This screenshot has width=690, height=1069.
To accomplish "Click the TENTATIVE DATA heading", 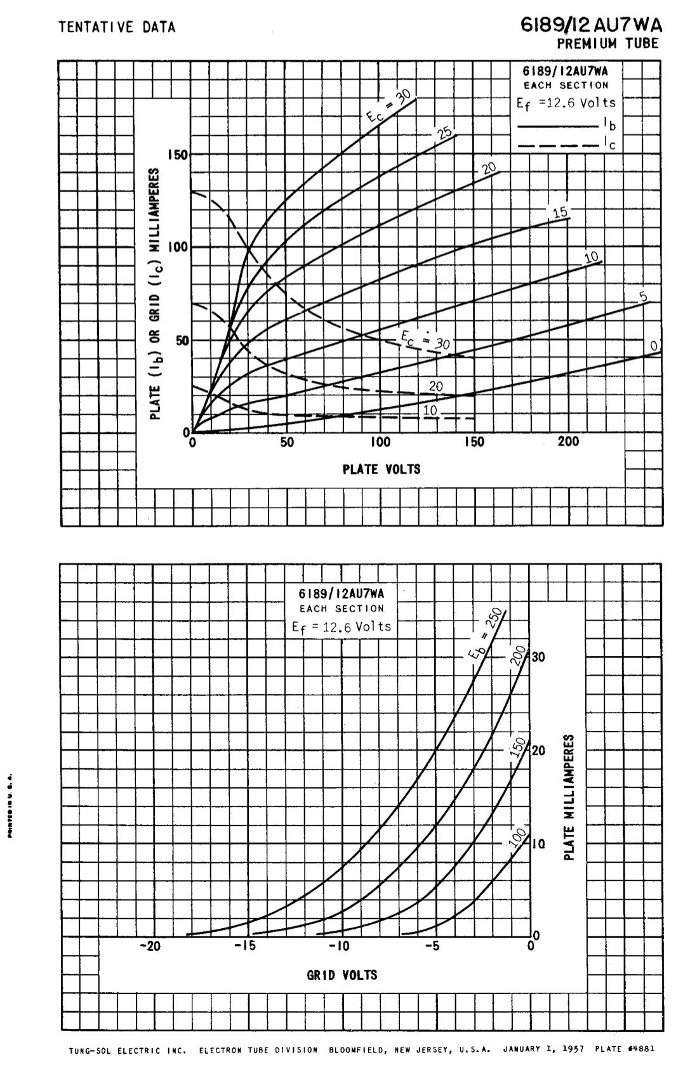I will click(x=117, y=27).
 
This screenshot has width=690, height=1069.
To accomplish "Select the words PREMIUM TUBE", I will click(x=607, y=43).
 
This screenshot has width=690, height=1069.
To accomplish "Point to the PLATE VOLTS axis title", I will click(x=381, y=469).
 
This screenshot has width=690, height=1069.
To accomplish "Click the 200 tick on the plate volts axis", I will click(x=568, y=442).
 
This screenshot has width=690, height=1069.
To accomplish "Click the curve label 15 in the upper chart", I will click(x=561, y=213).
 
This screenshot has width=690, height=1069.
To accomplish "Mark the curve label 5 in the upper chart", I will click(x=642, y=296).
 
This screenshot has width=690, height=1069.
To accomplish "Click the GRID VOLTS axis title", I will click(x=342, y=974).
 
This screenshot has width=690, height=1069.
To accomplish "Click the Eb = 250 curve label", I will click(x=486, y=634).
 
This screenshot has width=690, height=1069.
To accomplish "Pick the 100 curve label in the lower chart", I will click(x=517, y=837).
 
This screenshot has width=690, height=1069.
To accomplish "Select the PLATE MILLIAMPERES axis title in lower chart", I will click(x=569, y=798).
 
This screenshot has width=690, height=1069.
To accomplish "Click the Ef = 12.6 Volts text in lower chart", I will click(x=342, y=627).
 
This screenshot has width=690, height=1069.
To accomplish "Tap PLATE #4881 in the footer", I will click(x=625, y=1049).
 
